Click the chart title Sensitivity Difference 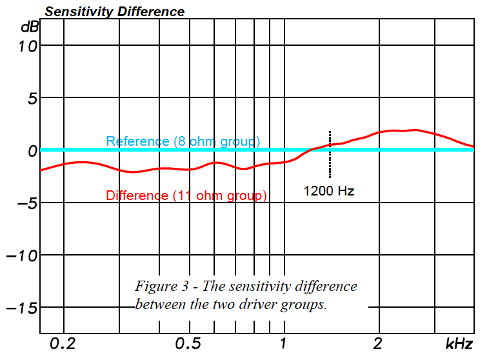point(114,12)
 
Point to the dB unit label point(29,26)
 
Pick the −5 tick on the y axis point(25,203)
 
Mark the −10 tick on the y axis point(21,255)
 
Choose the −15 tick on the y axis point(21,308)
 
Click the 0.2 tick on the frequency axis point(63,344)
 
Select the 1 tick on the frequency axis point(283,344)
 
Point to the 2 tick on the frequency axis point(379,344)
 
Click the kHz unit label point(459,344)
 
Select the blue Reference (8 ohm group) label point(183,141)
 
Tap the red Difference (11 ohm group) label point(186,195)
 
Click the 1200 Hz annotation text point(329,191)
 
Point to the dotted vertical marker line point(330,161)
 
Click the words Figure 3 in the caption point(159,286)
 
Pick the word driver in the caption point(253,305)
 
